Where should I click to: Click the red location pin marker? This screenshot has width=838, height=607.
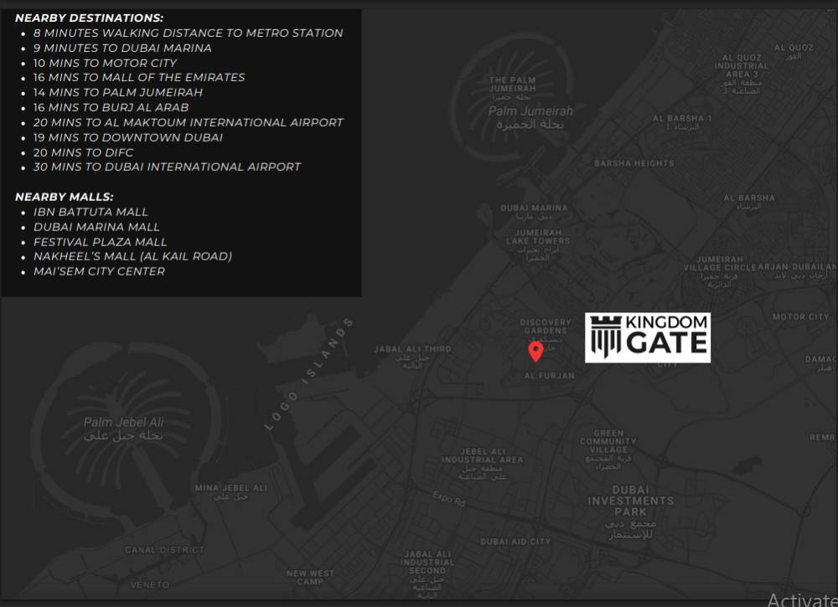[x=535, y=351]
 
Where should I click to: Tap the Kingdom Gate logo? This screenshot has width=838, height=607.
[x=647, y=337]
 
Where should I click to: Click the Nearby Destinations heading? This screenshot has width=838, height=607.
[x=90, y=18]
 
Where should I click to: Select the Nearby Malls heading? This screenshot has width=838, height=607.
[x=65, y=197]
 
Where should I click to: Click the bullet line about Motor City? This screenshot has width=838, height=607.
[x=105, y=63]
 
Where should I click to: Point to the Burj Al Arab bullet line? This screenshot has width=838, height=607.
[x=111, y=107]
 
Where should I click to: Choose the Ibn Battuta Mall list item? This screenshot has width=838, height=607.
[x=91, y=212]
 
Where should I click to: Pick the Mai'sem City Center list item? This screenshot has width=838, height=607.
[x=99, y=271]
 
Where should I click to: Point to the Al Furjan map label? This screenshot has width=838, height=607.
[x=549, y=376]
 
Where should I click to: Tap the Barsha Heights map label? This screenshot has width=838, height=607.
[x=634, y=163]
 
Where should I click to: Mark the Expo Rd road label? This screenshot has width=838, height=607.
[x=448, y=499]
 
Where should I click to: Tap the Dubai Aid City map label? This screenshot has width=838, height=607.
[x=515, y=542]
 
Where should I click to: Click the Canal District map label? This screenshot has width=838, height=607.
[x=164, y=550]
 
